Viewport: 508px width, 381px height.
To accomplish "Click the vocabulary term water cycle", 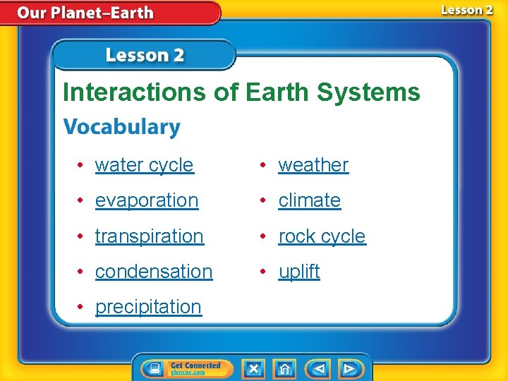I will [x=144, y=165].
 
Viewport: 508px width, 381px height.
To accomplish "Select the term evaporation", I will [x=147, y=200].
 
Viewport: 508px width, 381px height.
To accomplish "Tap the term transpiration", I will [x=149, y=236].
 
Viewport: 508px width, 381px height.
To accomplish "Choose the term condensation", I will [x=153, y=271].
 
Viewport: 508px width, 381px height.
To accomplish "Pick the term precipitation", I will [x=148, y=307].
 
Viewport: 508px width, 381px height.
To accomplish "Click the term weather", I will [x=313, y=165].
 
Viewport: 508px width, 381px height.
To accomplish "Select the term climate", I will [x=309, y=200].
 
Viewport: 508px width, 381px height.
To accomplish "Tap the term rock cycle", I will [x=322, y=236].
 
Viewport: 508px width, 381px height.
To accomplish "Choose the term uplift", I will [x=299, y=271].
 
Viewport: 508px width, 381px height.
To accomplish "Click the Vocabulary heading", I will [x=122, y=127].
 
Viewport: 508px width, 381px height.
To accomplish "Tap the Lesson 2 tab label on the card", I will [x=145, y=55].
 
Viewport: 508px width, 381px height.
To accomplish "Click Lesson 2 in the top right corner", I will [x=466, y=10].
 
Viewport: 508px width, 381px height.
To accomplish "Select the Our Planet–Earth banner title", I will [x=85, y=13].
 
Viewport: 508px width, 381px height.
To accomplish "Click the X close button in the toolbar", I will [x=253, y=368].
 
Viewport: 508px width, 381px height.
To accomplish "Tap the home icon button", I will [x=284, y=368].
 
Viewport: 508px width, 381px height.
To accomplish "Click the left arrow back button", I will [x=318, y=368].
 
